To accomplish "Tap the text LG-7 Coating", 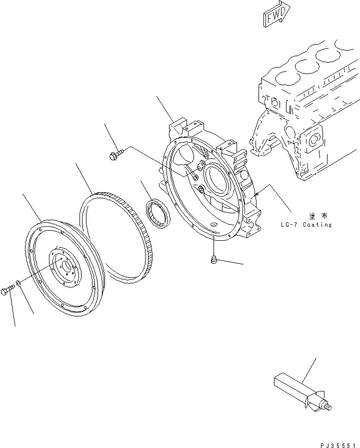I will click(x=306, y=225).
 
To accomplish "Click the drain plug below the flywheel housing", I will click(x=213, y=259).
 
